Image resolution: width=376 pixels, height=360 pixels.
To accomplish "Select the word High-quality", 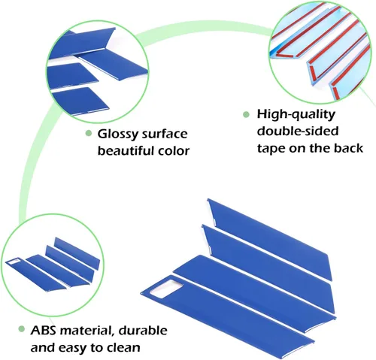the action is tap(296, 115).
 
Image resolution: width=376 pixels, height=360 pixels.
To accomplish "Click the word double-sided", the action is tap(298, 131).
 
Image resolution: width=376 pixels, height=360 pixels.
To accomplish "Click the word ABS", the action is tap(44, 330).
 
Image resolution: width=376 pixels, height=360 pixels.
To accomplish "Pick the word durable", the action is tap(143, 330).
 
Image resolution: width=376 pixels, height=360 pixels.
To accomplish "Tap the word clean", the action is tap(123, 347).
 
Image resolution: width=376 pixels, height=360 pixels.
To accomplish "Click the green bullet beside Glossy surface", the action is tap(88, 133).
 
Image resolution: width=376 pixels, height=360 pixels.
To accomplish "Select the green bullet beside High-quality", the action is tap(247, 114).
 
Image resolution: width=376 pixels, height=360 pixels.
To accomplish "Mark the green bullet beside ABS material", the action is tap(22, 329).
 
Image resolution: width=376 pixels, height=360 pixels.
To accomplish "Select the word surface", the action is tap(165, 135).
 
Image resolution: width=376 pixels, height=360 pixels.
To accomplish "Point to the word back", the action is tap(348, 148).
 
